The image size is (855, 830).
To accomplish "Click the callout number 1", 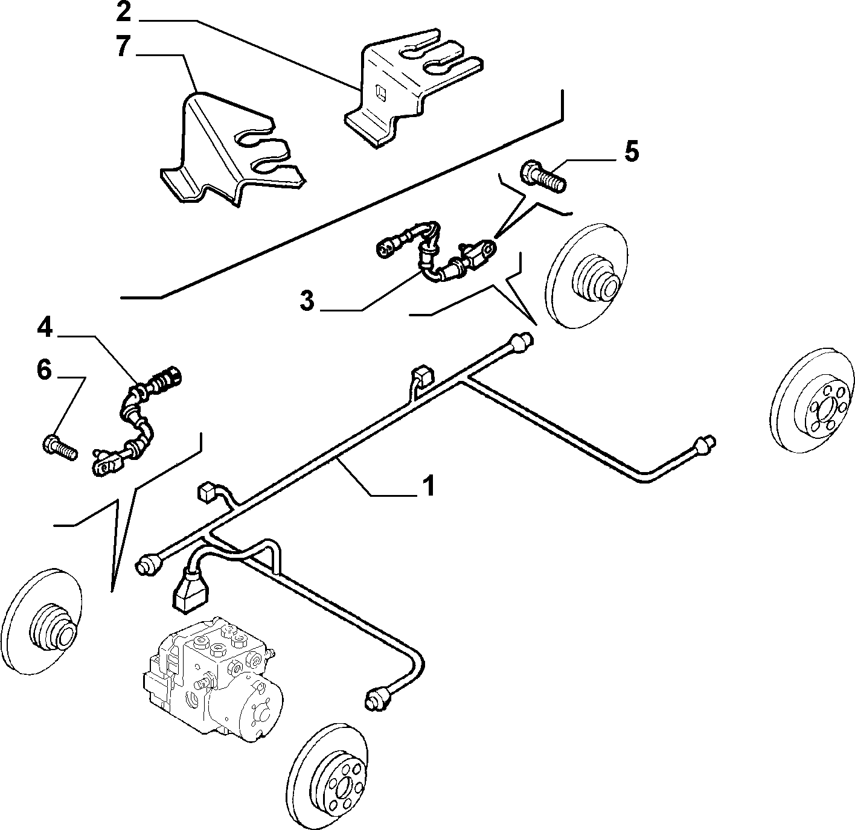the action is tap(428, 485).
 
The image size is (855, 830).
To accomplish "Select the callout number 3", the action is tap(307, 301).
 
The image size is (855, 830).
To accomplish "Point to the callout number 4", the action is tap(45, 328).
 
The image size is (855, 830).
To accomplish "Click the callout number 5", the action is tap(632, 151).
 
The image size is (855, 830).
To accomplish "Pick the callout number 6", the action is tap(44, 369).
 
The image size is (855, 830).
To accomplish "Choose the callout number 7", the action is tap(124, 46).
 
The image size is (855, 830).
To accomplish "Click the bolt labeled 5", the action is tap(543, 177).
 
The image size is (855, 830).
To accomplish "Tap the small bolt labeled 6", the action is tap(60, 446).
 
